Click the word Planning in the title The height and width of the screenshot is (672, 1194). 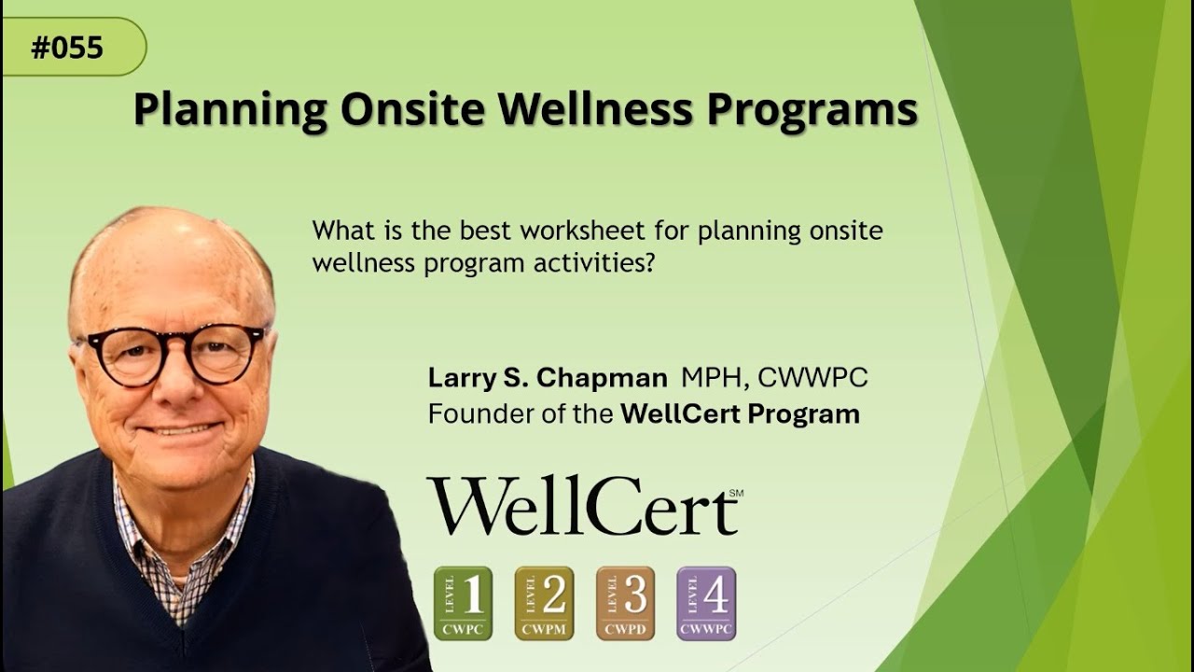(x=229, y=110)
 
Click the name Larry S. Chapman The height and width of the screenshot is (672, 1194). (x=548, y=378)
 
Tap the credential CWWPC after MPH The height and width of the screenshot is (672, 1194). (x=812, y=378)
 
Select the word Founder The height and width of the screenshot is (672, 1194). (x=472, y=413)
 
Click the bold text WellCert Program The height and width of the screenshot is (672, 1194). (x=740, y=413)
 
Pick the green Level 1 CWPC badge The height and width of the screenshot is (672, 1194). (x=463, y=603)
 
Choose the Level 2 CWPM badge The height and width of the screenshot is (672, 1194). (x=544, y=603)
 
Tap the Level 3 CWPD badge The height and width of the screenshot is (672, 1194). (x=625, y=603)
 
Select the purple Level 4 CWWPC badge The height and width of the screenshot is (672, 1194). (x=706, y=603)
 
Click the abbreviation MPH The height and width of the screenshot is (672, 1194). (x=713, y=378)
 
